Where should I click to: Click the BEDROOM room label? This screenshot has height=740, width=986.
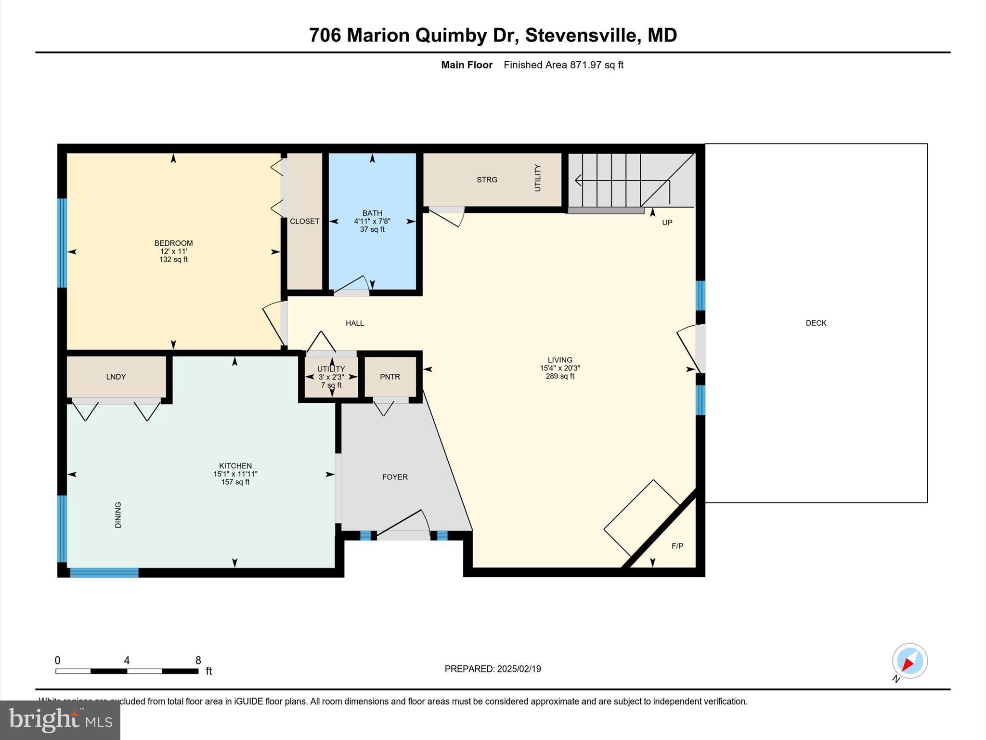pos(173,243)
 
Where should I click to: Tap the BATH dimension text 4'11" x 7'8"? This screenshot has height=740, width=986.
pos(372,222)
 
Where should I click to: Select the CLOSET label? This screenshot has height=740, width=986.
pos(304,222)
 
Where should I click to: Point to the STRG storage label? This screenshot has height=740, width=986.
pos(487,180)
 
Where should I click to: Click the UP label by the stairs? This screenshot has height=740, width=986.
pos(667,223)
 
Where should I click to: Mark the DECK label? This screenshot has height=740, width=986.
pos(816,323)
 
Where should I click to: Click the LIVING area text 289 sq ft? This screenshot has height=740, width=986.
pos(559,376)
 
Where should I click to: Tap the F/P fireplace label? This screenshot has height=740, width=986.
pos(677,546)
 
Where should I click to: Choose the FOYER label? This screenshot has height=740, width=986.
pos(395,477)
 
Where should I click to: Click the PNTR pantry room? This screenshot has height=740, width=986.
pos(390,377)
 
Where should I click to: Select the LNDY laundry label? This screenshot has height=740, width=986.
pos(116,377)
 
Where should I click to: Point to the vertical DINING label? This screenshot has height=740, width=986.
pos(118,515)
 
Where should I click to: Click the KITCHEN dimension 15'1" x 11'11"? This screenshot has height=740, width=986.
pos(235,474)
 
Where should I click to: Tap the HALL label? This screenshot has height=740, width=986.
pos(355,323)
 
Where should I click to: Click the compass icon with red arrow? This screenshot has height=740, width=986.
pos(909,661)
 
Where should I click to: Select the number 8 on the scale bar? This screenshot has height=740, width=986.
pos(198,661)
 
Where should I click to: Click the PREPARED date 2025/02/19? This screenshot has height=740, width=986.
pos(519,669)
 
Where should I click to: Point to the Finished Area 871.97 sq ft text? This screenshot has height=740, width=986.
pos(563,65)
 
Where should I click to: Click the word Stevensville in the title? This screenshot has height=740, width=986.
pos(581,35)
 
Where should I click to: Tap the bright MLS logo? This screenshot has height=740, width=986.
pos(60,720)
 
